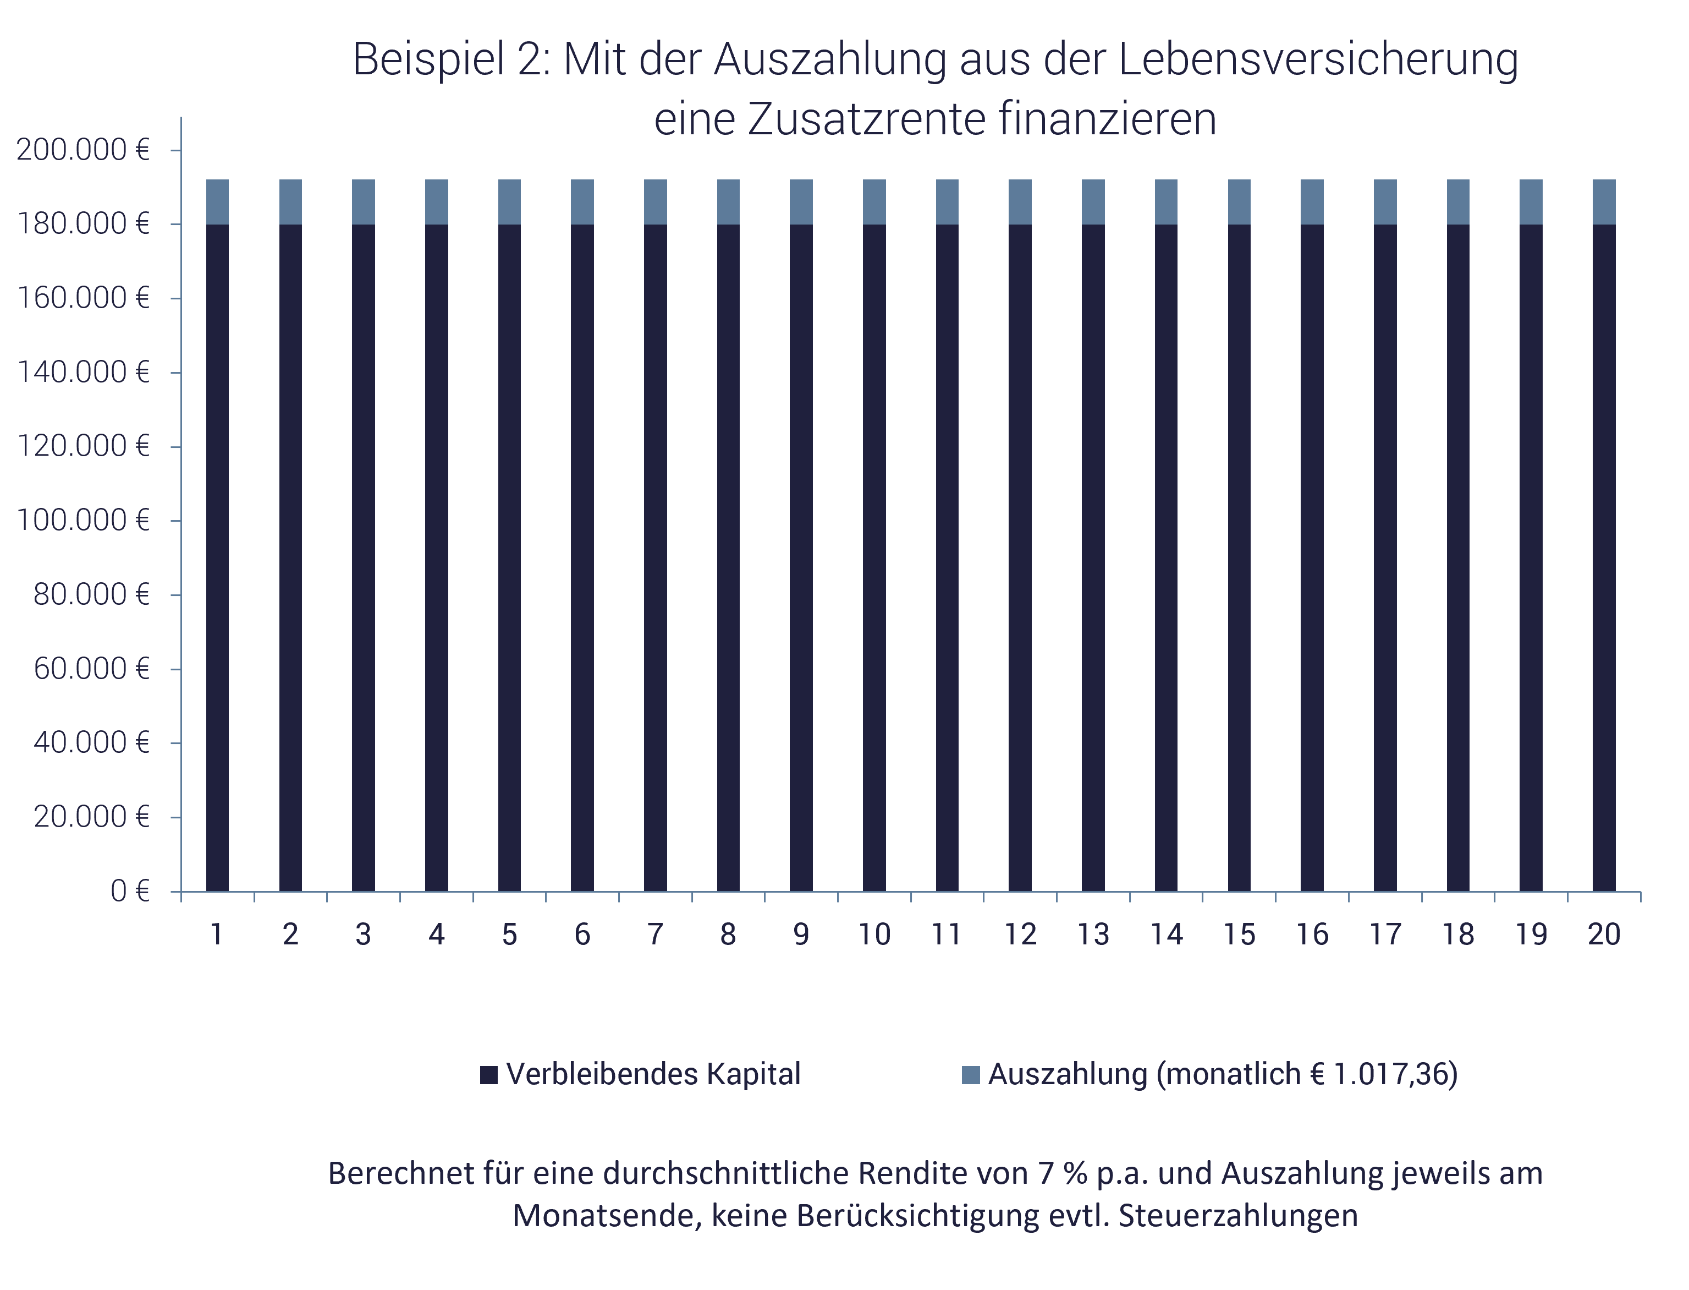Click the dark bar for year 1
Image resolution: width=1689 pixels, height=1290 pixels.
pyautogui.click(x=217, y=557)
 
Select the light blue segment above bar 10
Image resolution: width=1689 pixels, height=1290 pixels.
pyautogui.click(x=874, y=202)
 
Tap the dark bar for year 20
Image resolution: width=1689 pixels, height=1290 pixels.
pyautogui.click(x=1604, y=557)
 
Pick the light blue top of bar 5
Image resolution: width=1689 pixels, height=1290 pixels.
pyautogui.click(x=509, y=202)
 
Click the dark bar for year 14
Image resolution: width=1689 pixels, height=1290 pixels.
pyautogui.click(x=1165, y=557)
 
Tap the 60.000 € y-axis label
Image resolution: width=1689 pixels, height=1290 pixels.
pyautogui.click(x=91, y=669)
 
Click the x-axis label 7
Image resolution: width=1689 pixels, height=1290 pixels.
pyautogui.click(x=654, y=934)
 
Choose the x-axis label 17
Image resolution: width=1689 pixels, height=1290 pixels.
pyautogui.click(x=1385, y=934)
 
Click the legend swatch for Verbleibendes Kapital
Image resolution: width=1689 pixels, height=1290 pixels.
pyautogui.click(x=488, y=1075)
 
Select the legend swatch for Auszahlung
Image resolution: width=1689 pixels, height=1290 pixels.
pyautogui.click(x=970, y=1075)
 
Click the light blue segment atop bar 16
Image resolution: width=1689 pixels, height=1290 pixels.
pyautogui.click(x=1312, y=202)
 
